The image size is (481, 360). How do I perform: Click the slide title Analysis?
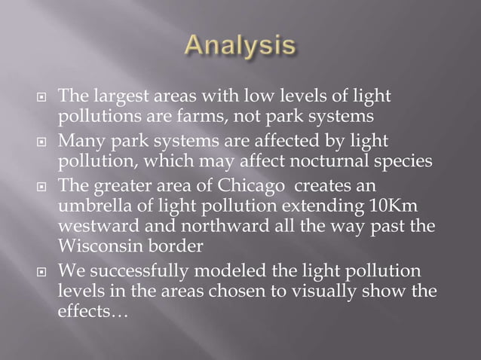pos(240,47)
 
